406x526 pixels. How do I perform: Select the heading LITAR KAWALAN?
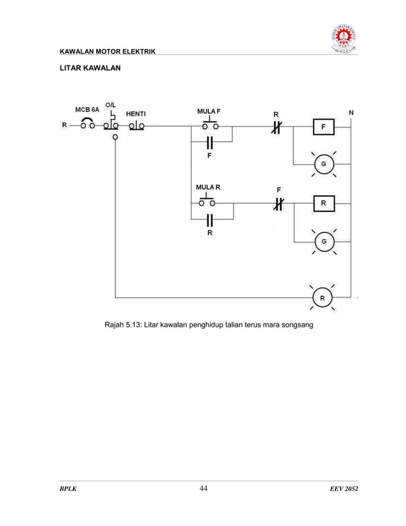(x=87, y=67)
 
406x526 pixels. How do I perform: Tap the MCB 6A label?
(x=87, y=110)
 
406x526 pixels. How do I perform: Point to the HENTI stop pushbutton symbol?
(x=136, y=125)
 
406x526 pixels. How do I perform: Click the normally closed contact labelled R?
(x=276, y=127)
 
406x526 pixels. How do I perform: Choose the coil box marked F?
(x=323, y=127)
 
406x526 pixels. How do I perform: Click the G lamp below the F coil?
(x=323, y=164)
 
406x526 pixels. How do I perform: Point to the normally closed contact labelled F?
(x=278, y=204)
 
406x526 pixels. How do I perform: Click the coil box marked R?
(x=323, y=204)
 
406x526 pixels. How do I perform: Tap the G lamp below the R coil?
(x=324, y=241)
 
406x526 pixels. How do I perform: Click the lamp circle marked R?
(x=322, y=297)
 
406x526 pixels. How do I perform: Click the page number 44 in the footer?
(x=204, y=488)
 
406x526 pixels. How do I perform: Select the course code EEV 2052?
(x=337, y=489)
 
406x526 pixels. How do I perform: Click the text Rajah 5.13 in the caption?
(x=123, y=327)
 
